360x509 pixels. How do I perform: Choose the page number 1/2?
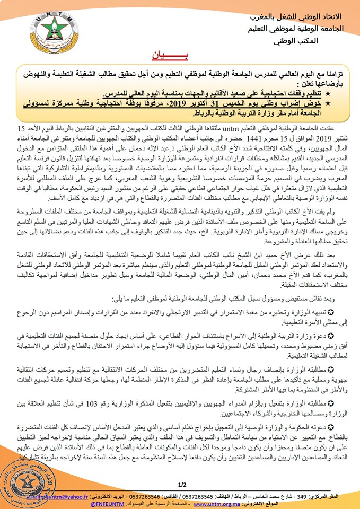pyautogui.click(x=183, y=484)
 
